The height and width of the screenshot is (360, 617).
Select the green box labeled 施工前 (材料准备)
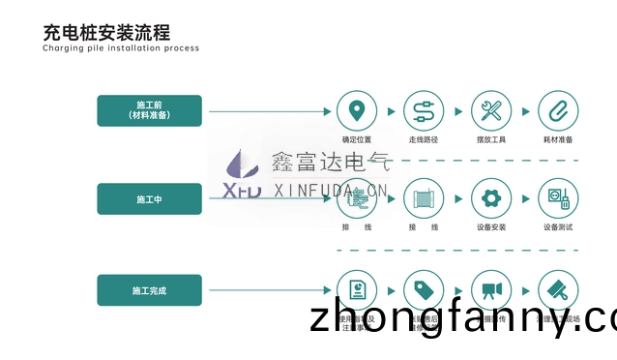[149, 108]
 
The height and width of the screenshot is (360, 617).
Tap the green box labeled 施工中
[149, 198]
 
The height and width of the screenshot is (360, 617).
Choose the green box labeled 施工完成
[149, 289]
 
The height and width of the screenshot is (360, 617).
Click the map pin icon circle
[357, 109]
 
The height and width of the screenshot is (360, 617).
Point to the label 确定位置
[357, 139]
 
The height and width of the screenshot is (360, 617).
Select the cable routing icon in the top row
[423, 109]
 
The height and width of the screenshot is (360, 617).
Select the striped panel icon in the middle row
[423, 198]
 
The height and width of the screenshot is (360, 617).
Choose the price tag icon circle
[423, 289]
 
